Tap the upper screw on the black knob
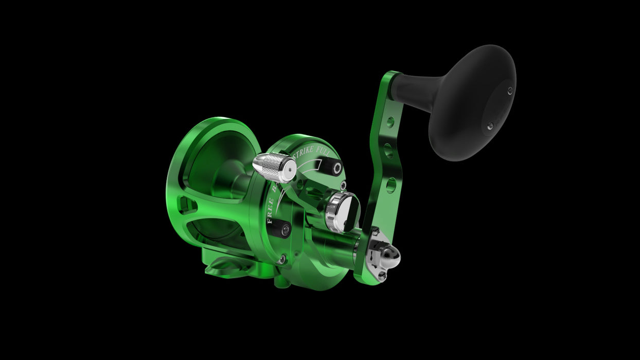[x=509, y=91]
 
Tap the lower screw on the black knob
[x=490, y=125]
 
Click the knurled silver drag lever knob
[x=274, y=167]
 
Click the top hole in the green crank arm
[x=390, y=122]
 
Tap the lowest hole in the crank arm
[x=391, y=184]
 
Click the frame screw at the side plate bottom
[x=281, y=260]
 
